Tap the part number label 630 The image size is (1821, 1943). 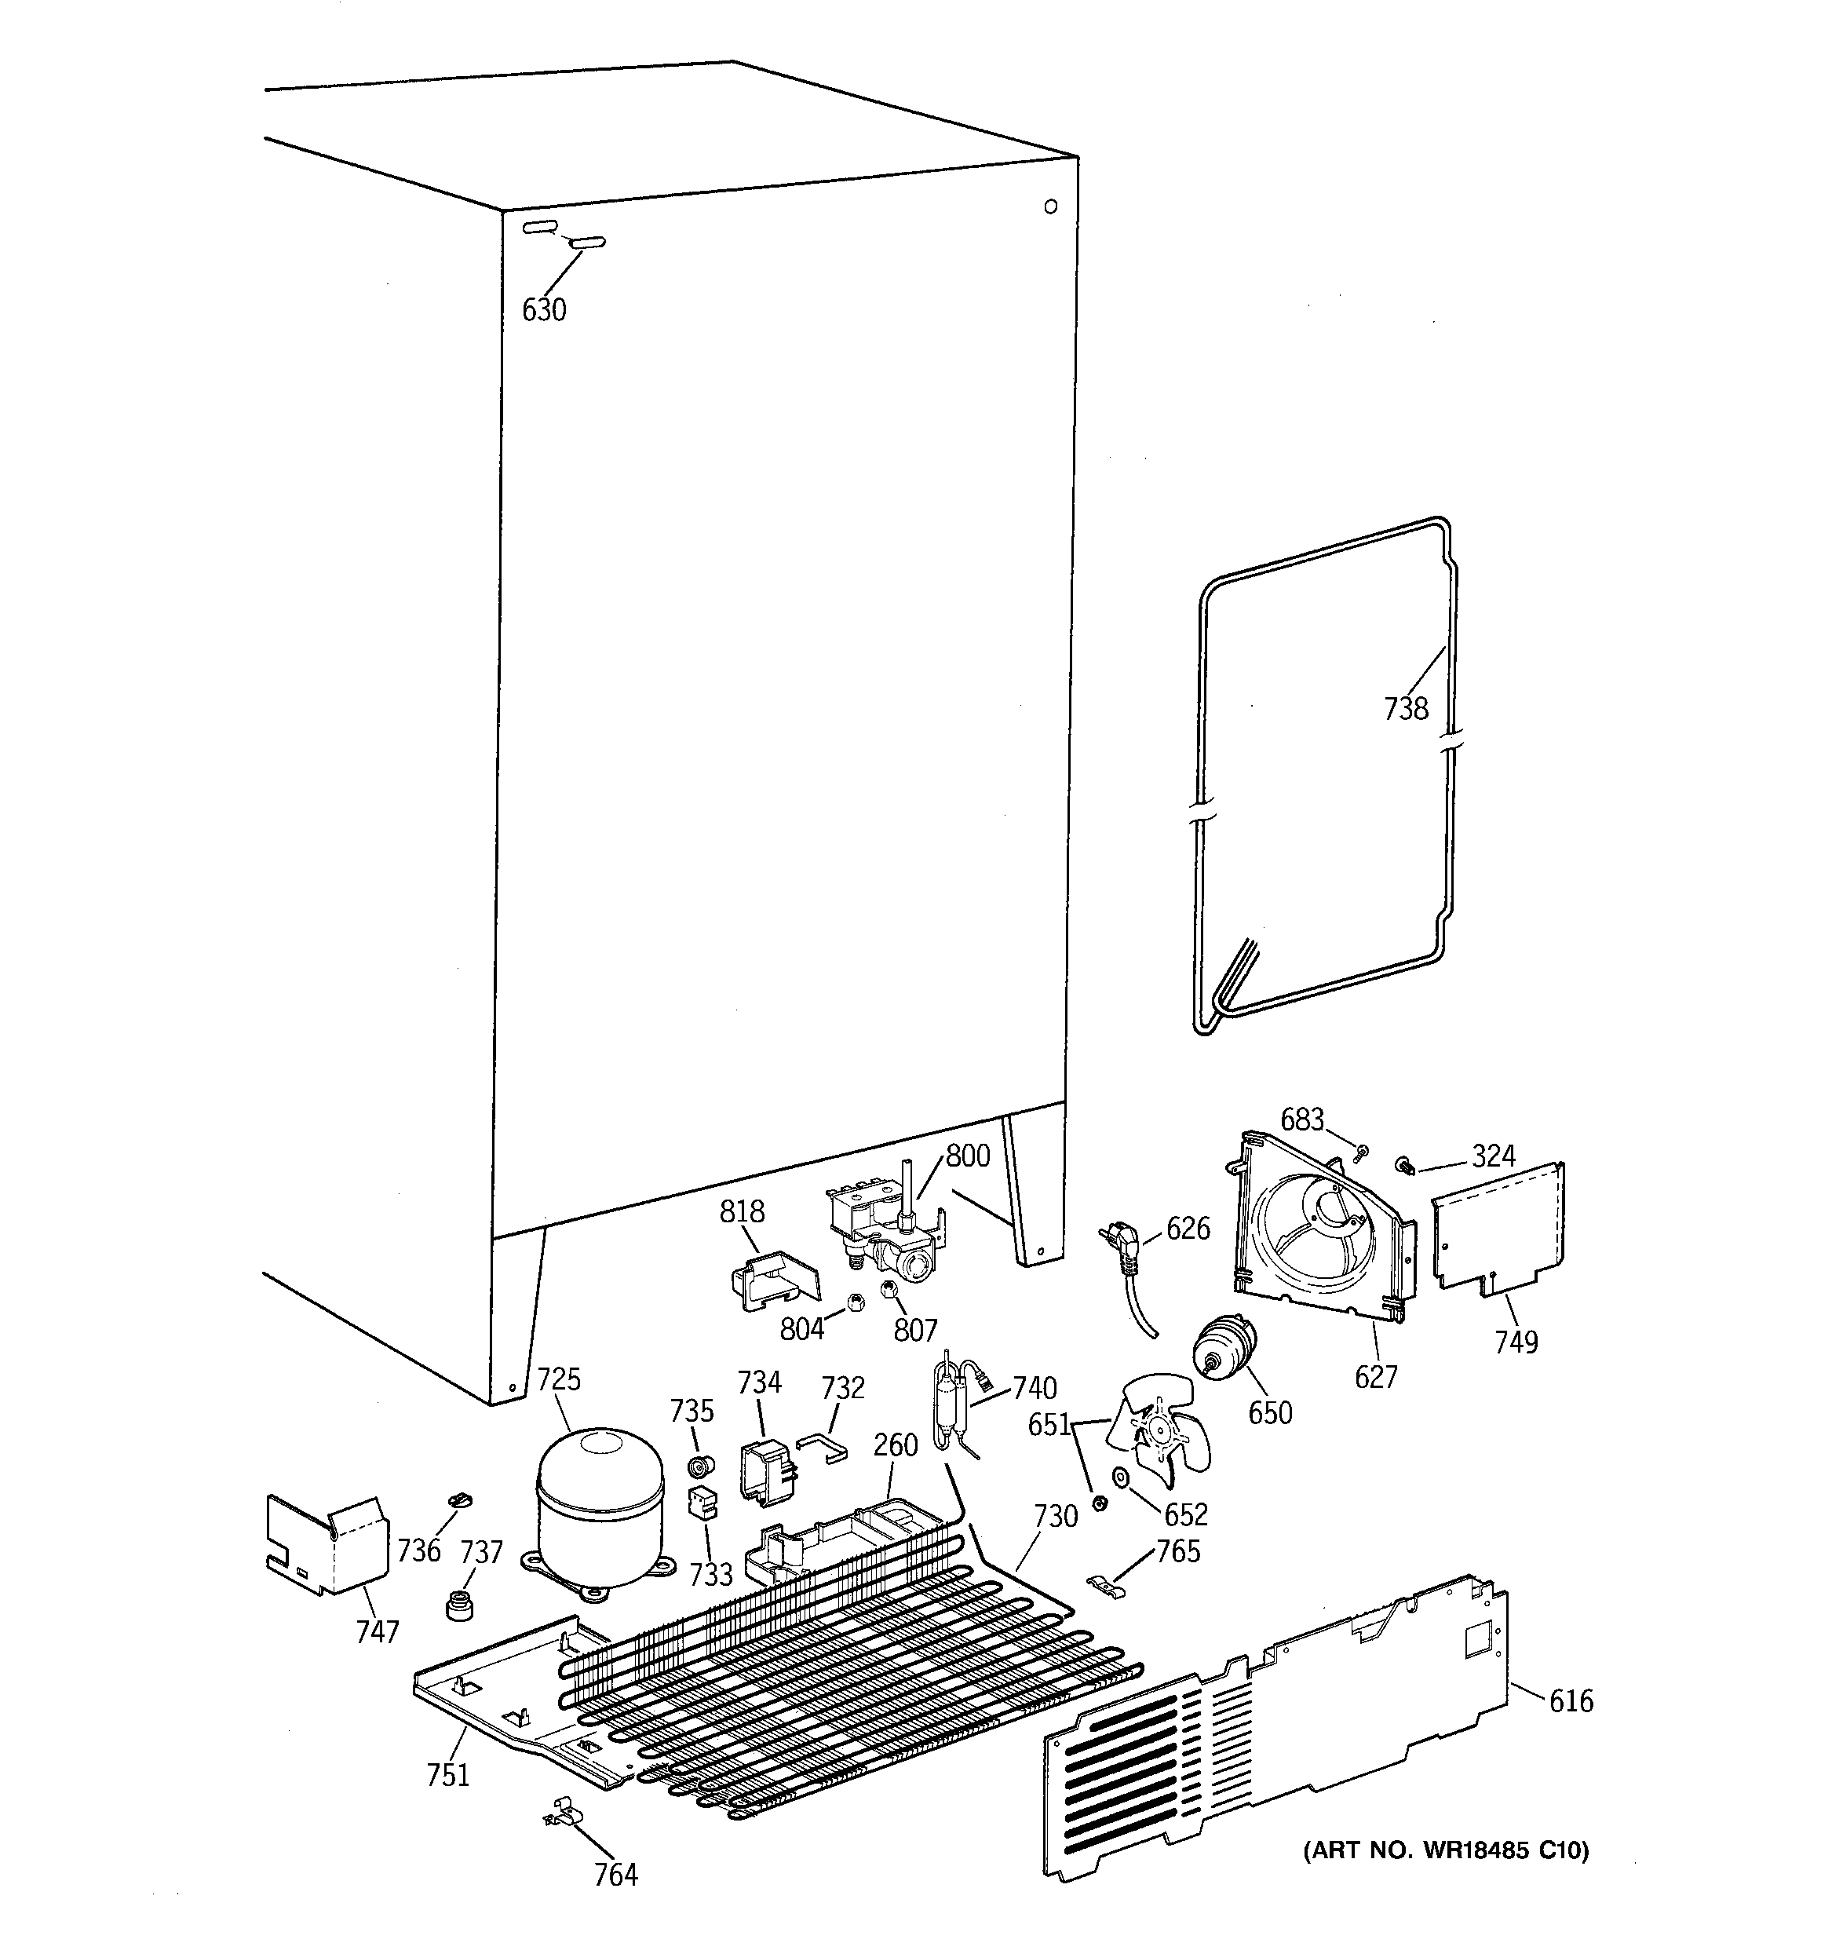[x=543, y=310]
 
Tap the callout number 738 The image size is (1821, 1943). [x=1406, y=709]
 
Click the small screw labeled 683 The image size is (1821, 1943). [x=1359, y=1156]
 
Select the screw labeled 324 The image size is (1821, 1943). [x=1405, y=1165]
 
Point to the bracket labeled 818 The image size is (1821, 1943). [x=773, y=1280]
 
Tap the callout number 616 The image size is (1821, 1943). [x=1571, y=1701]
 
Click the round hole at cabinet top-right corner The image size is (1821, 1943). [x=1051, y=206]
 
